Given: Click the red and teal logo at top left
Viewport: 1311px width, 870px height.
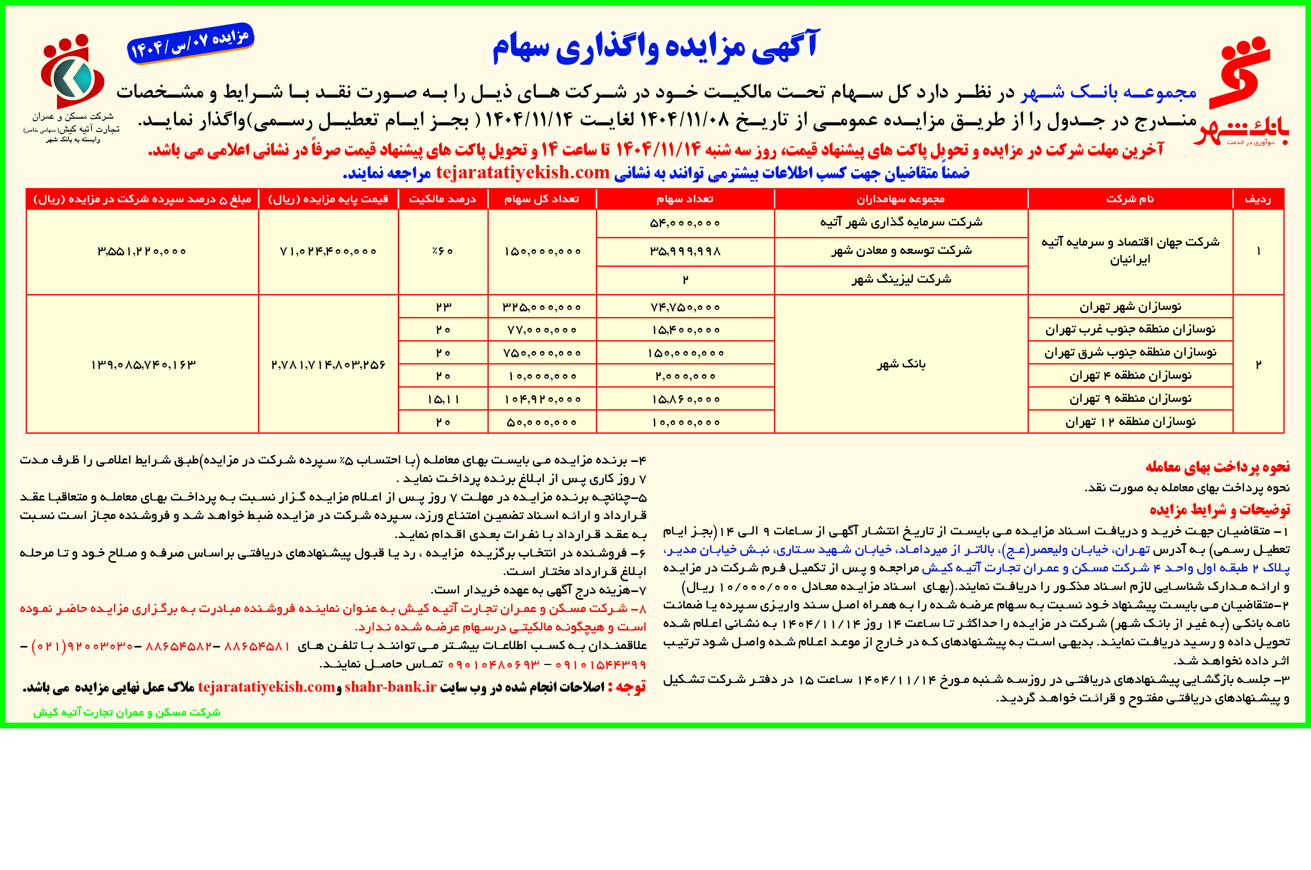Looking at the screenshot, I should point(72,72).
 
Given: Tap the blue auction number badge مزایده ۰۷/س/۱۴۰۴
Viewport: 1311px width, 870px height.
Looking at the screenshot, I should point(190,43).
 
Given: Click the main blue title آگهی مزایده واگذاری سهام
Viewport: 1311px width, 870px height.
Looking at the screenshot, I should point(655,47).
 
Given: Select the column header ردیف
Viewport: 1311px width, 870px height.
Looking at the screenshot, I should point(1257,199).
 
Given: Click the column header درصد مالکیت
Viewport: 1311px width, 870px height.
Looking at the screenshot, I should point(442,199).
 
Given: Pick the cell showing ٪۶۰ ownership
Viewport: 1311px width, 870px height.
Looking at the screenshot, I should point(442,251).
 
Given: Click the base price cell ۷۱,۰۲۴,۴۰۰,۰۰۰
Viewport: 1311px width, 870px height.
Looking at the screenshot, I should point(328,251).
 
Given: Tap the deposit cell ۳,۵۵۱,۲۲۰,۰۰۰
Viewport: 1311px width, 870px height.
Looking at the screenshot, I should point(142,251).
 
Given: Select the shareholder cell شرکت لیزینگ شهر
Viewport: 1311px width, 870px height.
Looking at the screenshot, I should point(901,280).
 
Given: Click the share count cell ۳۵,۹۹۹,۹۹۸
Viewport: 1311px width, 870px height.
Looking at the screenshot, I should point(685,251).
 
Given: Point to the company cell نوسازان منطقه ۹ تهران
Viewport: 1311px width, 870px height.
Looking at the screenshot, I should point(1130,398).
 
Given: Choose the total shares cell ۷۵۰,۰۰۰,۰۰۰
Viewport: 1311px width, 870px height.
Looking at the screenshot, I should point(542,353).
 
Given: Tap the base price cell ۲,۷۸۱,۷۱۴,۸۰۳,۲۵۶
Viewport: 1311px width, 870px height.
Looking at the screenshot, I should point(328,364).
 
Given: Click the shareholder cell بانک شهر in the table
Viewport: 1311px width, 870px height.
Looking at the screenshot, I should point(901,364).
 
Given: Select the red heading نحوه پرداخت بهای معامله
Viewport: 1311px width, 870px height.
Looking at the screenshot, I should point(1217,467).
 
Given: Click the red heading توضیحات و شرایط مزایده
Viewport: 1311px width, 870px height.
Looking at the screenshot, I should point(1220,509).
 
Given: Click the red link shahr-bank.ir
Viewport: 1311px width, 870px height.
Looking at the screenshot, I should point(390,687).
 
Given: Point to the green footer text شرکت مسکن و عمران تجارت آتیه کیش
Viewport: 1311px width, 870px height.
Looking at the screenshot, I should point(126,712).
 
